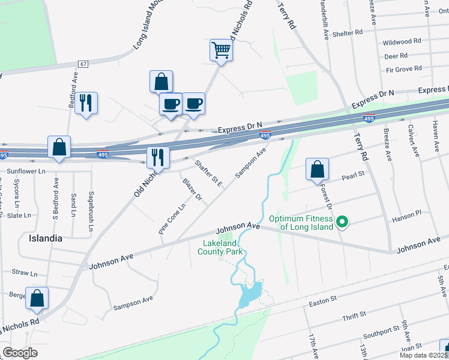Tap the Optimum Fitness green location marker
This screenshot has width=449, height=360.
pos(342,223)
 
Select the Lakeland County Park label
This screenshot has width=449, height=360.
pos(220,247)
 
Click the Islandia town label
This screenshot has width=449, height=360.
pos(46,238)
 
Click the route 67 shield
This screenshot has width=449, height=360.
pos(83,64)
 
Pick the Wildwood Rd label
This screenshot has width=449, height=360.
pos(402,42)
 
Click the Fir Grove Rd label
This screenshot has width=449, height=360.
pos(404,70)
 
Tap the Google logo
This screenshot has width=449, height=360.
pos(20,352)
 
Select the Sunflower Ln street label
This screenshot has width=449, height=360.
pos(26,171)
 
